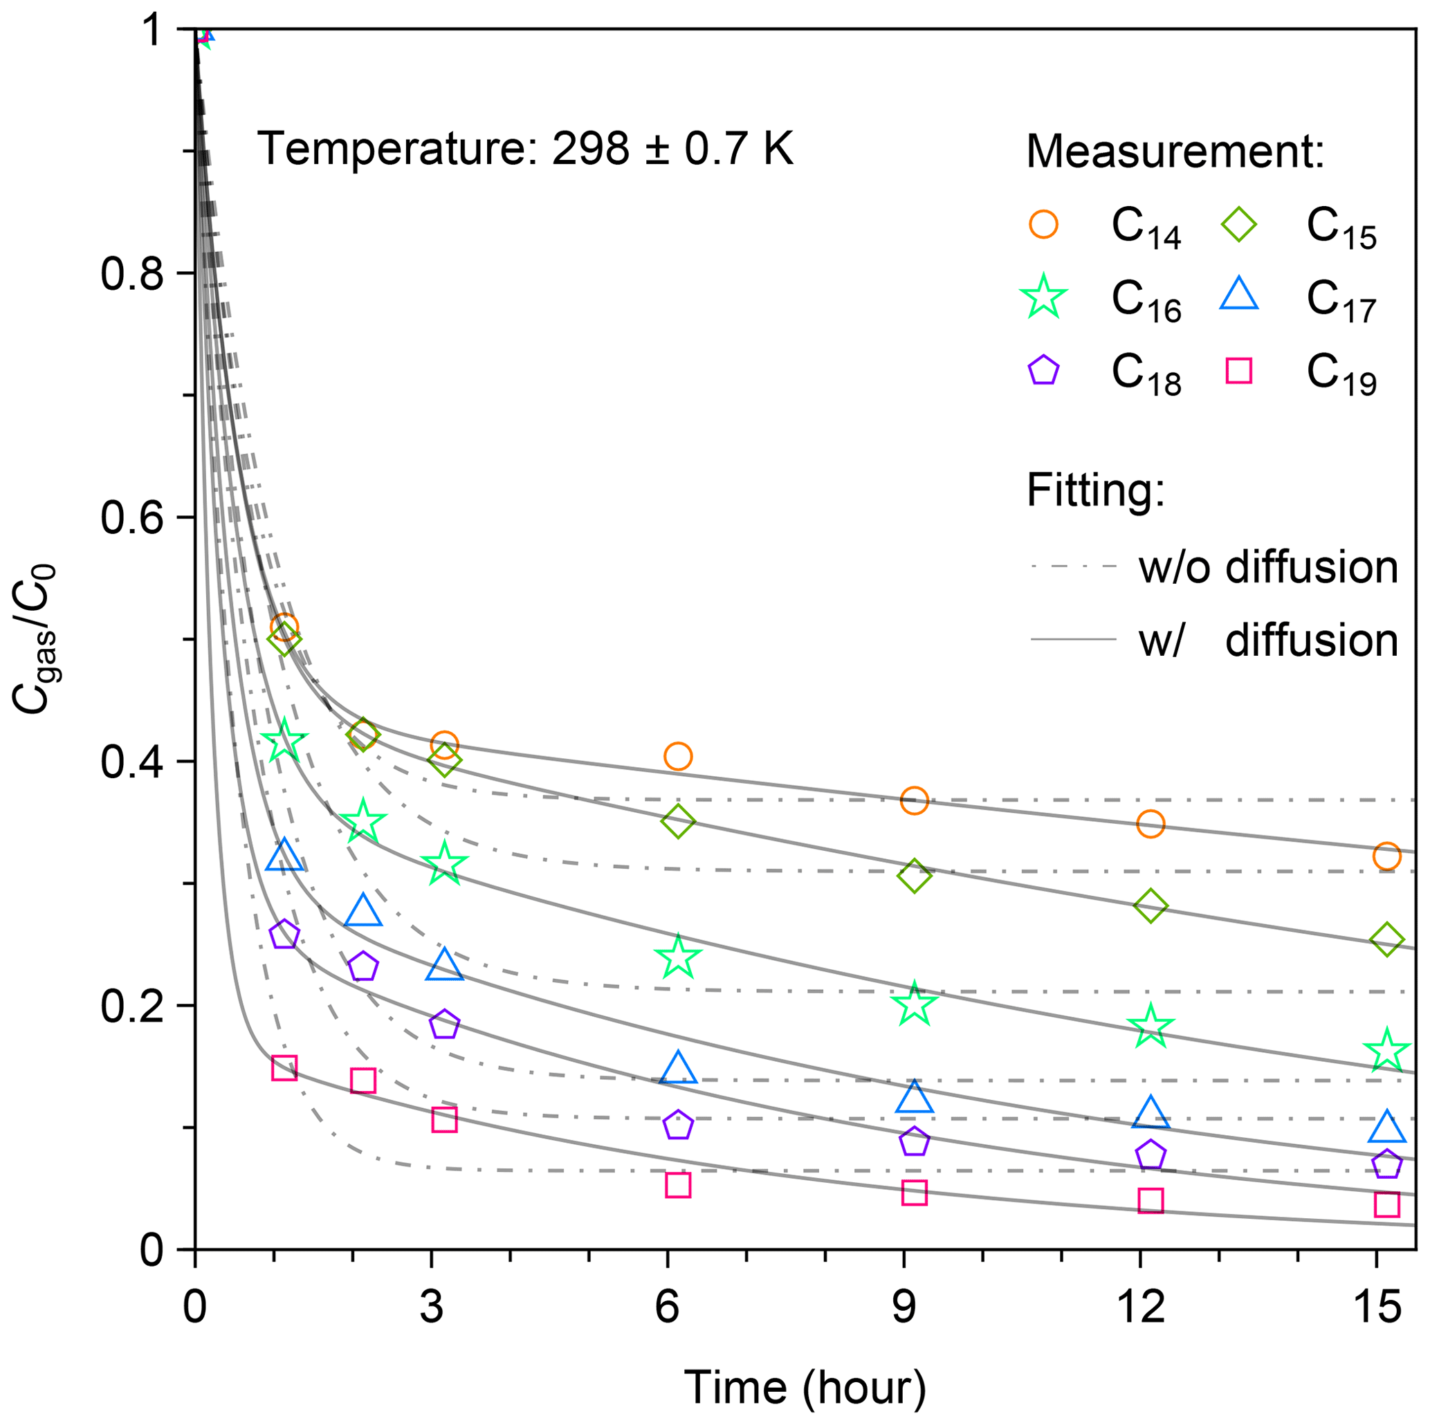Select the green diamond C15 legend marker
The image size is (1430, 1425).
coord(1238,223)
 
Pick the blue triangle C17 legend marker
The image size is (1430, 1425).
coord(1238,295)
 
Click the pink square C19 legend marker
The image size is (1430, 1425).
coord(1238,370)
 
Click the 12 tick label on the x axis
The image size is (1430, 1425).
coord(1140,1308)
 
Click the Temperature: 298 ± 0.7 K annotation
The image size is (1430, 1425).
coord(525,148)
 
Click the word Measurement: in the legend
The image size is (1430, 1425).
coord(1175,151)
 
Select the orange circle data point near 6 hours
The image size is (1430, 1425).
coord(678,757)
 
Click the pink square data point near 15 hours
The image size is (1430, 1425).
coord(1386,1204)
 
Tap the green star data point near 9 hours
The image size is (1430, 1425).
coord(914,1004)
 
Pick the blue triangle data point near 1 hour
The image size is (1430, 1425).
coord(284,856)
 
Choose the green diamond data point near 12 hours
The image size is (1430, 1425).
coord(1151,905)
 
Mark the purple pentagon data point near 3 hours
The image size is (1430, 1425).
coord(444,1024)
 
